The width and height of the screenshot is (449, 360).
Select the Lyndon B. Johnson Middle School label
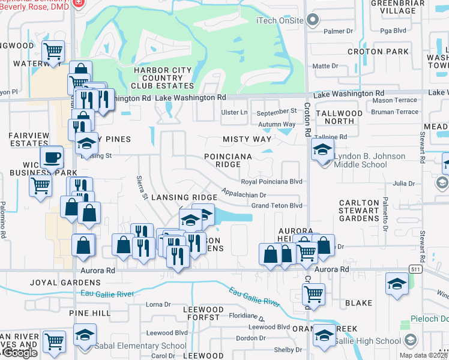[369, 161]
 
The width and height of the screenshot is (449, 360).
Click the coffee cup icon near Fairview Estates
[52, 158]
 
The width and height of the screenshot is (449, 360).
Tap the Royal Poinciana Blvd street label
[271, 181]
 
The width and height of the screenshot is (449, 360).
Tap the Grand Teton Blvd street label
[276, 206]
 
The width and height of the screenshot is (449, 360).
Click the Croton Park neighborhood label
[373, 52]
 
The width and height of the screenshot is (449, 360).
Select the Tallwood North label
[339, 117]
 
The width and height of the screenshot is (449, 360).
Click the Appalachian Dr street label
[243, 194]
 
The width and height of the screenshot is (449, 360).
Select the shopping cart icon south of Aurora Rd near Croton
[313, 294]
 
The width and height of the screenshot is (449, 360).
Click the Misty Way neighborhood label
[247, 139]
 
